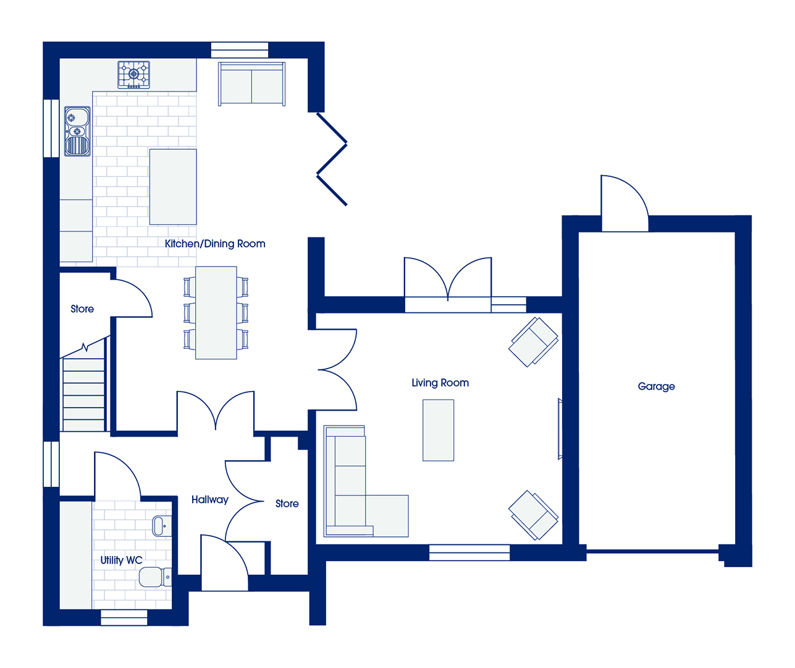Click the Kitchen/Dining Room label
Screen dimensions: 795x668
[x=215, y=244]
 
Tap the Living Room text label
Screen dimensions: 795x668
[x=440, y=383]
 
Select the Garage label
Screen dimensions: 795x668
[x=657, y=386]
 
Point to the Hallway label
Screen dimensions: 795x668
[x=210, y=500]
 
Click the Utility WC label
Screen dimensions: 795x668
[x=122, y=560]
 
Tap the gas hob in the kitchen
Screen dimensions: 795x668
[x=133, y=75]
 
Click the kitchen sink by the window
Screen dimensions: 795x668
[x=77, y=131]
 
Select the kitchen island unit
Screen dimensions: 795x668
[x=173, y=187]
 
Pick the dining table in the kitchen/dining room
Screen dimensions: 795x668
[x=216, y=312]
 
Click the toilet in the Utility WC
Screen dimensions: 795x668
[x=155, y=577]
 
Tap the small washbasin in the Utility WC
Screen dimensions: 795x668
[x=162, y=526]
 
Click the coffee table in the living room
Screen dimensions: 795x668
[x=438, y=430]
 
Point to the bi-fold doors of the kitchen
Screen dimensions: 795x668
[x=332, y=159]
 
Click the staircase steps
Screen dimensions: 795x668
[x=84, y=395]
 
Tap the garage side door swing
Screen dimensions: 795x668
[x=625, y=203]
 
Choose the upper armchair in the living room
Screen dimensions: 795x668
[x=534, y=342]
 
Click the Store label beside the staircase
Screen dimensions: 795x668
[x=82, y=309]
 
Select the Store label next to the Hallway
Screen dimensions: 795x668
[x=287, y=503]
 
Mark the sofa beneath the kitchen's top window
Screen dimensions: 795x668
[x=251, y=84]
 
